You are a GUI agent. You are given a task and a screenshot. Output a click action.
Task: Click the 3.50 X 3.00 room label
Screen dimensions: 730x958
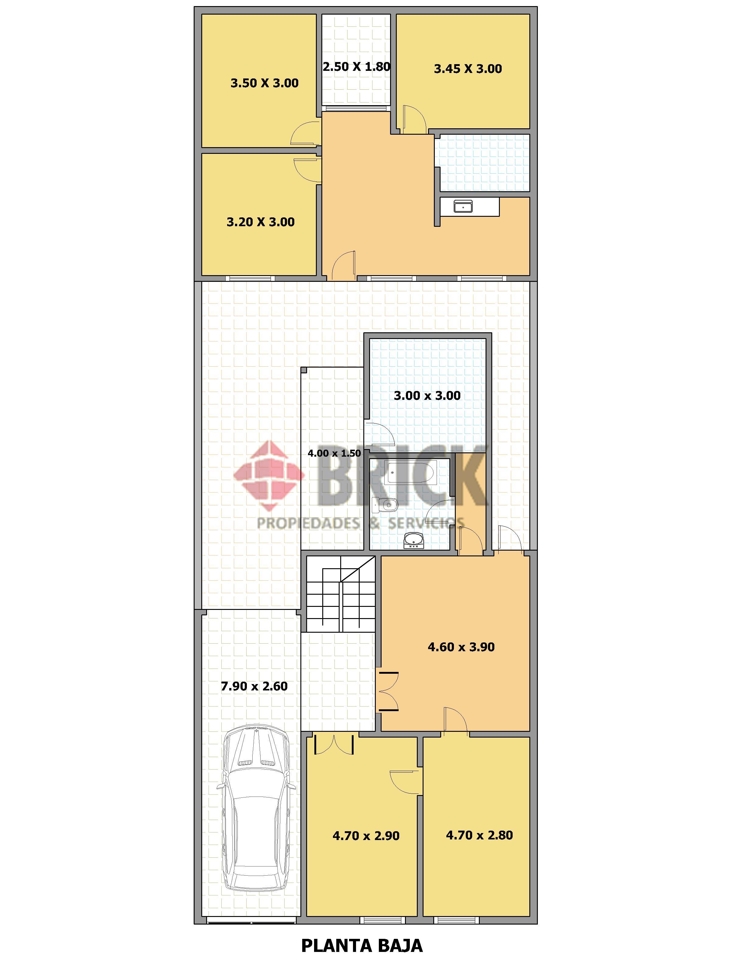point(264,83)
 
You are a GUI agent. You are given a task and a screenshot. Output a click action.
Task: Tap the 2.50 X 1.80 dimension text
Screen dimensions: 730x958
point(356,67)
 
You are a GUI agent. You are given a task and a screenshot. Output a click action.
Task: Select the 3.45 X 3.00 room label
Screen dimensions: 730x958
point(468,69)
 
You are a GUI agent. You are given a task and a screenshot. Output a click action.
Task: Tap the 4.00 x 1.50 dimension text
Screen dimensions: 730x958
point(334,453)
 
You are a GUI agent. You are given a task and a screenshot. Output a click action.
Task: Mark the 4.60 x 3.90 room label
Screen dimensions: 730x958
point(461,647)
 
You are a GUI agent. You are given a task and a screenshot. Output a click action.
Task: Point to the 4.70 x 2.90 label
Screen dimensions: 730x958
point(366,835)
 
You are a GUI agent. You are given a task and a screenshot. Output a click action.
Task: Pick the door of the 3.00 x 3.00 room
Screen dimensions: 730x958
point(379,433)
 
